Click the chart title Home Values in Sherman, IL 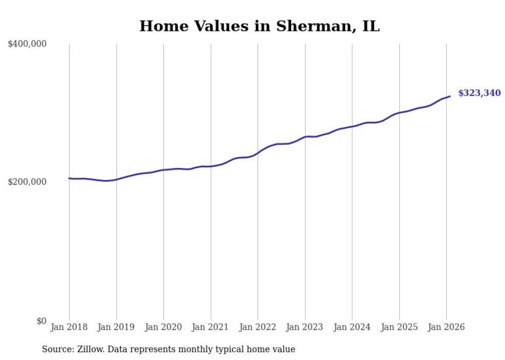tap(259, 26)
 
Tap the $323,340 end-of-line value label tap(479, 93)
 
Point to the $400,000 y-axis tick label tap(27, 44)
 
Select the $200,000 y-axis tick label tap(27, 182)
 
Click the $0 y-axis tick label tap(41, 321)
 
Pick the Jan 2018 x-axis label tap(69, 328)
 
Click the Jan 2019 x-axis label tap(116, 328)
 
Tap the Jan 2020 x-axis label tap(163, 328)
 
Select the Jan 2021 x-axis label tap(211, 328)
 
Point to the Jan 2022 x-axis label tap(258, 328)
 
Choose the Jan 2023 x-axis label tap(305, 328)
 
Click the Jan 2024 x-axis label tap(352, 328)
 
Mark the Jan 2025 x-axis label tap(399, 328)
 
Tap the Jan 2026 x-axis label tap(446, 328)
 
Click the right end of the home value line tap(450, 96)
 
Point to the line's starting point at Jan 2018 tap(69, 178)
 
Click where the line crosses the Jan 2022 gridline tap(258, 153)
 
